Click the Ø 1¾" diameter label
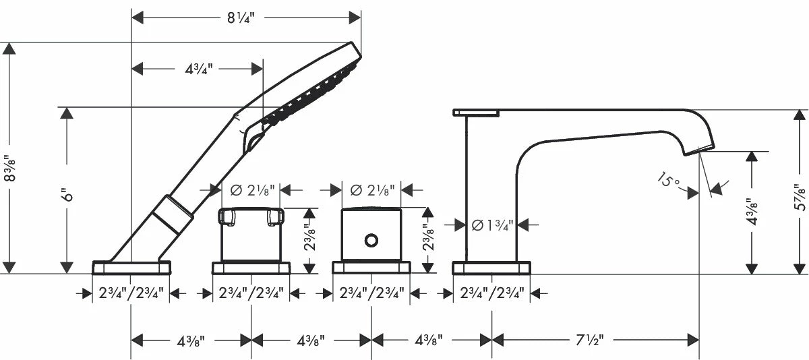491,225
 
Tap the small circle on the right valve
371,240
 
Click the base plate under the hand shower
132,268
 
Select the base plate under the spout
491,268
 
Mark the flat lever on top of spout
476,112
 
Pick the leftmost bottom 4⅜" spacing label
191,339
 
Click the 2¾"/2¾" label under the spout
491,294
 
